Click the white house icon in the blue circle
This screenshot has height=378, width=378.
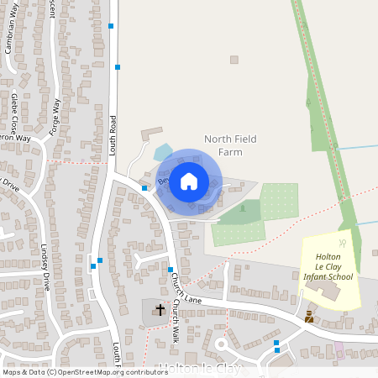click(x=189, y=181)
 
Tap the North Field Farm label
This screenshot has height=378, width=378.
click(x=230, y=144)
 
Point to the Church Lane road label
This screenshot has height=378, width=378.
click(x=186, y=288)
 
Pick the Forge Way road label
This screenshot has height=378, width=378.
click(x=57, y=118)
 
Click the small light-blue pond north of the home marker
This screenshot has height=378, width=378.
click(x=163, y=152)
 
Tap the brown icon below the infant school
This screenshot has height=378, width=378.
click(x=309, y=317)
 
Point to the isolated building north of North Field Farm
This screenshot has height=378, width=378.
click(x=234, y=60)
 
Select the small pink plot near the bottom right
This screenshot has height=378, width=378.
click(x=339, y=346)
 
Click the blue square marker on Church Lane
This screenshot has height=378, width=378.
click(x=276, y=343)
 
